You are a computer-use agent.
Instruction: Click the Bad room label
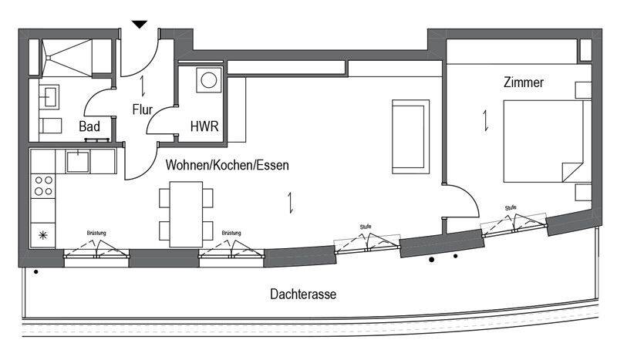(89, 126)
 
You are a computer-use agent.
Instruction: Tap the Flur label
(143, 109)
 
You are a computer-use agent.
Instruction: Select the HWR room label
(204, 126)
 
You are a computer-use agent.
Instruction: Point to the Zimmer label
(524, 82)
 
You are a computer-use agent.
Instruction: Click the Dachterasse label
(303, 294)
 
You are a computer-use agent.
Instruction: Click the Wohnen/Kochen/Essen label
(227, 165)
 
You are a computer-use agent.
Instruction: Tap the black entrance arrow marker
(140, 25)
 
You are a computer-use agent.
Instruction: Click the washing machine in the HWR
(209, 80)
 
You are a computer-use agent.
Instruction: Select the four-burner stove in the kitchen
(43, 186)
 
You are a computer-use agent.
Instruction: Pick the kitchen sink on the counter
(78, 162)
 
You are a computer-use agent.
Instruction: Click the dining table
(186, 214)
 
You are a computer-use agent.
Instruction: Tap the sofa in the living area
(410, 136)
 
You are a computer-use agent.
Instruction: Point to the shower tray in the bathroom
(67, 58)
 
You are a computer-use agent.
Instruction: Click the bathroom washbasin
(49, 97)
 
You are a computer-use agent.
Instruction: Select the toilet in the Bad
(50, 126)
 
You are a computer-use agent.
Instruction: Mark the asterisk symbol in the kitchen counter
(43, 235)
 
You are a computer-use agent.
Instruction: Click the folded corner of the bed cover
(572, 172)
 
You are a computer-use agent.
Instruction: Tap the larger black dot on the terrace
(432, 260)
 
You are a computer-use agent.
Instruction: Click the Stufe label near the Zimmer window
(511, 207)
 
